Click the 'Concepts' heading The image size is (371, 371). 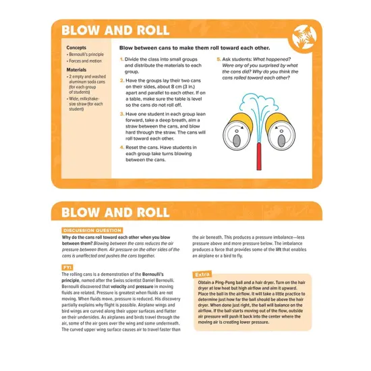(x=76, y=48)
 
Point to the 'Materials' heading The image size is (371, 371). (x=77, y=69)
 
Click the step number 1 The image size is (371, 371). (x=121, y=59)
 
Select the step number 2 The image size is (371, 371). (x=121, y=80)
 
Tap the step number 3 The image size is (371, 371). (x=121, y=115)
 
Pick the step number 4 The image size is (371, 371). (x=121, y=146)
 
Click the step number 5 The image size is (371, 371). (x=219, y=59)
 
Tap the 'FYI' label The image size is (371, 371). (x=67, y=267)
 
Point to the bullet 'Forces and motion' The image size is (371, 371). (x=84, y=61)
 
